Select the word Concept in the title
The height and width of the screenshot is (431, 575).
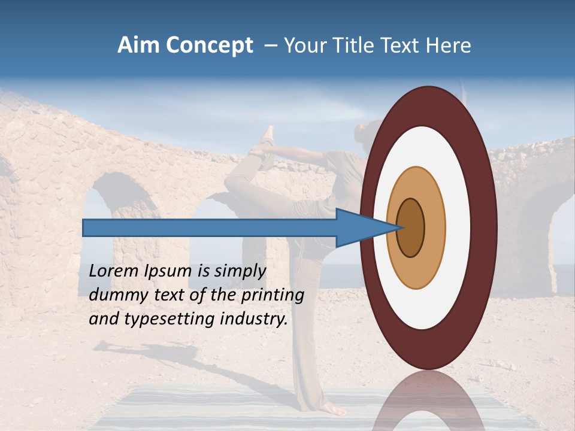pos(210,46)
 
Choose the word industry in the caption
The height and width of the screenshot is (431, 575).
pos(252,319)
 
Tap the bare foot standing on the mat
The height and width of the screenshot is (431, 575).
pos(332,409)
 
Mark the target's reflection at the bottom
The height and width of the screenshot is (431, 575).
pos(428,404)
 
